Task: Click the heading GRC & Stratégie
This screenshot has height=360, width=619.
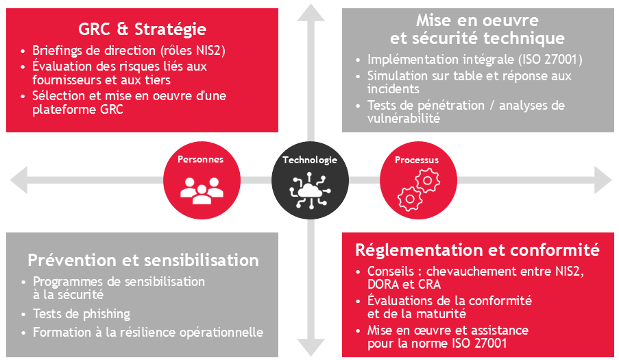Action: tap(143, 29)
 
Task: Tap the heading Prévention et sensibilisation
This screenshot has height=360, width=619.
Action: tap(143, 261)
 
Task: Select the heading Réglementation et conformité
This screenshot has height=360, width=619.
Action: tap(477, 250)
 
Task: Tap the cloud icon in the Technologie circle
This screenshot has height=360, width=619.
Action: tap(310, 189)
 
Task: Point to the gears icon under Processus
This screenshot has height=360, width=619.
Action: tap(417, 190)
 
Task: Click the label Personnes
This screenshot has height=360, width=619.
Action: tap(201, 160)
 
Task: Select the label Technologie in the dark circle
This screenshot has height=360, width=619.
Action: tap(310, 160)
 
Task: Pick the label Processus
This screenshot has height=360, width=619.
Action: tap(417, 160)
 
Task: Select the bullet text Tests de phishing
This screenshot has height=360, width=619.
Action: tap(82, 314)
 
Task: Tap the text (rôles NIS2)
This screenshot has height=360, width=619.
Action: tap(192, 50)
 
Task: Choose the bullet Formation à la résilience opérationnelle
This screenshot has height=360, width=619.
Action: tap(147, 332)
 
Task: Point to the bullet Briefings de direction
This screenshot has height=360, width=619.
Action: tap(95, 50)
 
